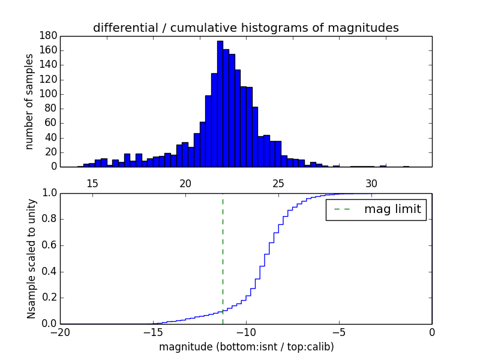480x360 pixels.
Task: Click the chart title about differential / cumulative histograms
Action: pyautogui.click(x=245, y=28)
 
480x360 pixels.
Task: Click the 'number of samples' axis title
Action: pyautogui.click(x=29, y=101)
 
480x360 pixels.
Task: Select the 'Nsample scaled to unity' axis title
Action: pyautogui.click(x=31, y=259)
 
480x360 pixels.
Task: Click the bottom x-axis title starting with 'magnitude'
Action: pyautogui.click(x=246, y=347)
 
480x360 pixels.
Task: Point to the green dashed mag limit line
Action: pyautogui.click(x=223, y=252)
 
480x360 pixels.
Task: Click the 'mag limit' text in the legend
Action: pyautogui.click(x=392, y=209)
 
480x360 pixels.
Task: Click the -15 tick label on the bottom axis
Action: pyautogui.click(x=152, y=332)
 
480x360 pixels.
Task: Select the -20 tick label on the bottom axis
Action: pyautogui.click(x=60, y=332)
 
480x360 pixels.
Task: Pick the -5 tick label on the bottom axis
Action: pyautogui.click(x=338, y=332)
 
